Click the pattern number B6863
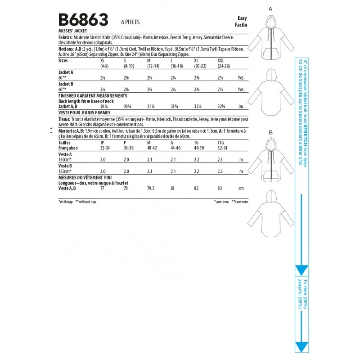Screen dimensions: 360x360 (84, 20)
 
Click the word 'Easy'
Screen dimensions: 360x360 (242, 18)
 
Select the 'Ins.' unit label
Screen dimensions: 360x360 (241, 106)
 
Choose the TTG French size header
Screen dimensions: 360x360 (220, 142)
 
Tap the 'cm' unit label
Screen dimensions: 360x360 (241, 189)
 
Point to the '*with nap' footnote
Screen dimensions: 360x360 (66, 202)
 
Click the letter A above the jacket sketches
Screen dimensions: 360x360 (270, 9)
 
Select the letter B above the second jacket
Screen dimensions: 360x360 (270, 132)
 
